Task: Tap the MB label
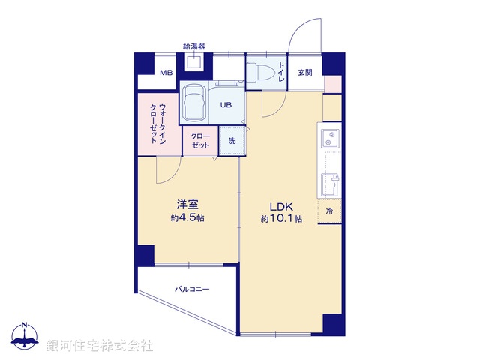166,73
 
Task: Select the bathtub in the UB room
195,101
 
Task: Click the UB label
225,106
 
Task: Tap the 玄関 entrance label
304,73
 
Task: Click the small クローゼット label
200,140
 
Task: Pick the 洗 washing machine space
232,140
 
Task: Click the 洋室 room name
187,204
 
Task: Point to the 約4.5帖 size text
187,217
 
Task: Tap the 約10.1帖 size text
281,220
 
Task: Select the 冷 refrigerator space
329,212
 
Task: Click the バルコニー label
193,288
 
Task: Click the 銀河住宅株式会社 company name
102,346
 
